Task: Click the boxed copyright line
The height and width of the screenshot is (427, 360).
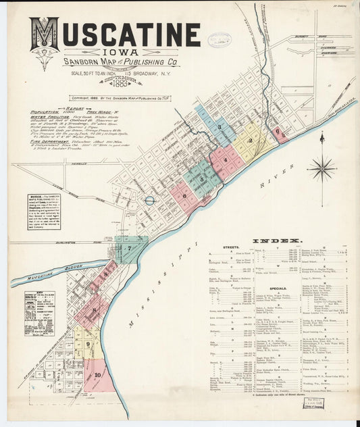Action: pos(119,98)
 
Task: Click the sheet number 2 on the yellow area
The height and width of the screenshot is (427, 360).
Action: pos(251,141)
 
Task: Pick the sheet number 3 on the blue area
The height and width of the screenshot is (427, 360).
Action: pos(219,127)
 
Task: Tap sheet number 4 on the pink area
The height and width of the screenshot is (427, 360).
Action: pos(225,160)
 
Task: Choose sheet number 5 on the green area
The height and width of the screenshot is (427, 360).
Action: pos(201,179)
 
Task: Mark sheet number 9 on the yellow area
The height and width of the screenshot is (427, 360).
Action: pos(88,345)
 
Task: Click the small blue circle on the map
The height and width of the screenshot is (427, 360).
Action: pos(149,200)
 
